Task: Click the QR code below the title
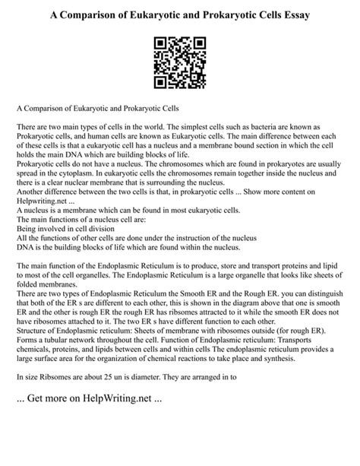(x=179, y=65)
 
